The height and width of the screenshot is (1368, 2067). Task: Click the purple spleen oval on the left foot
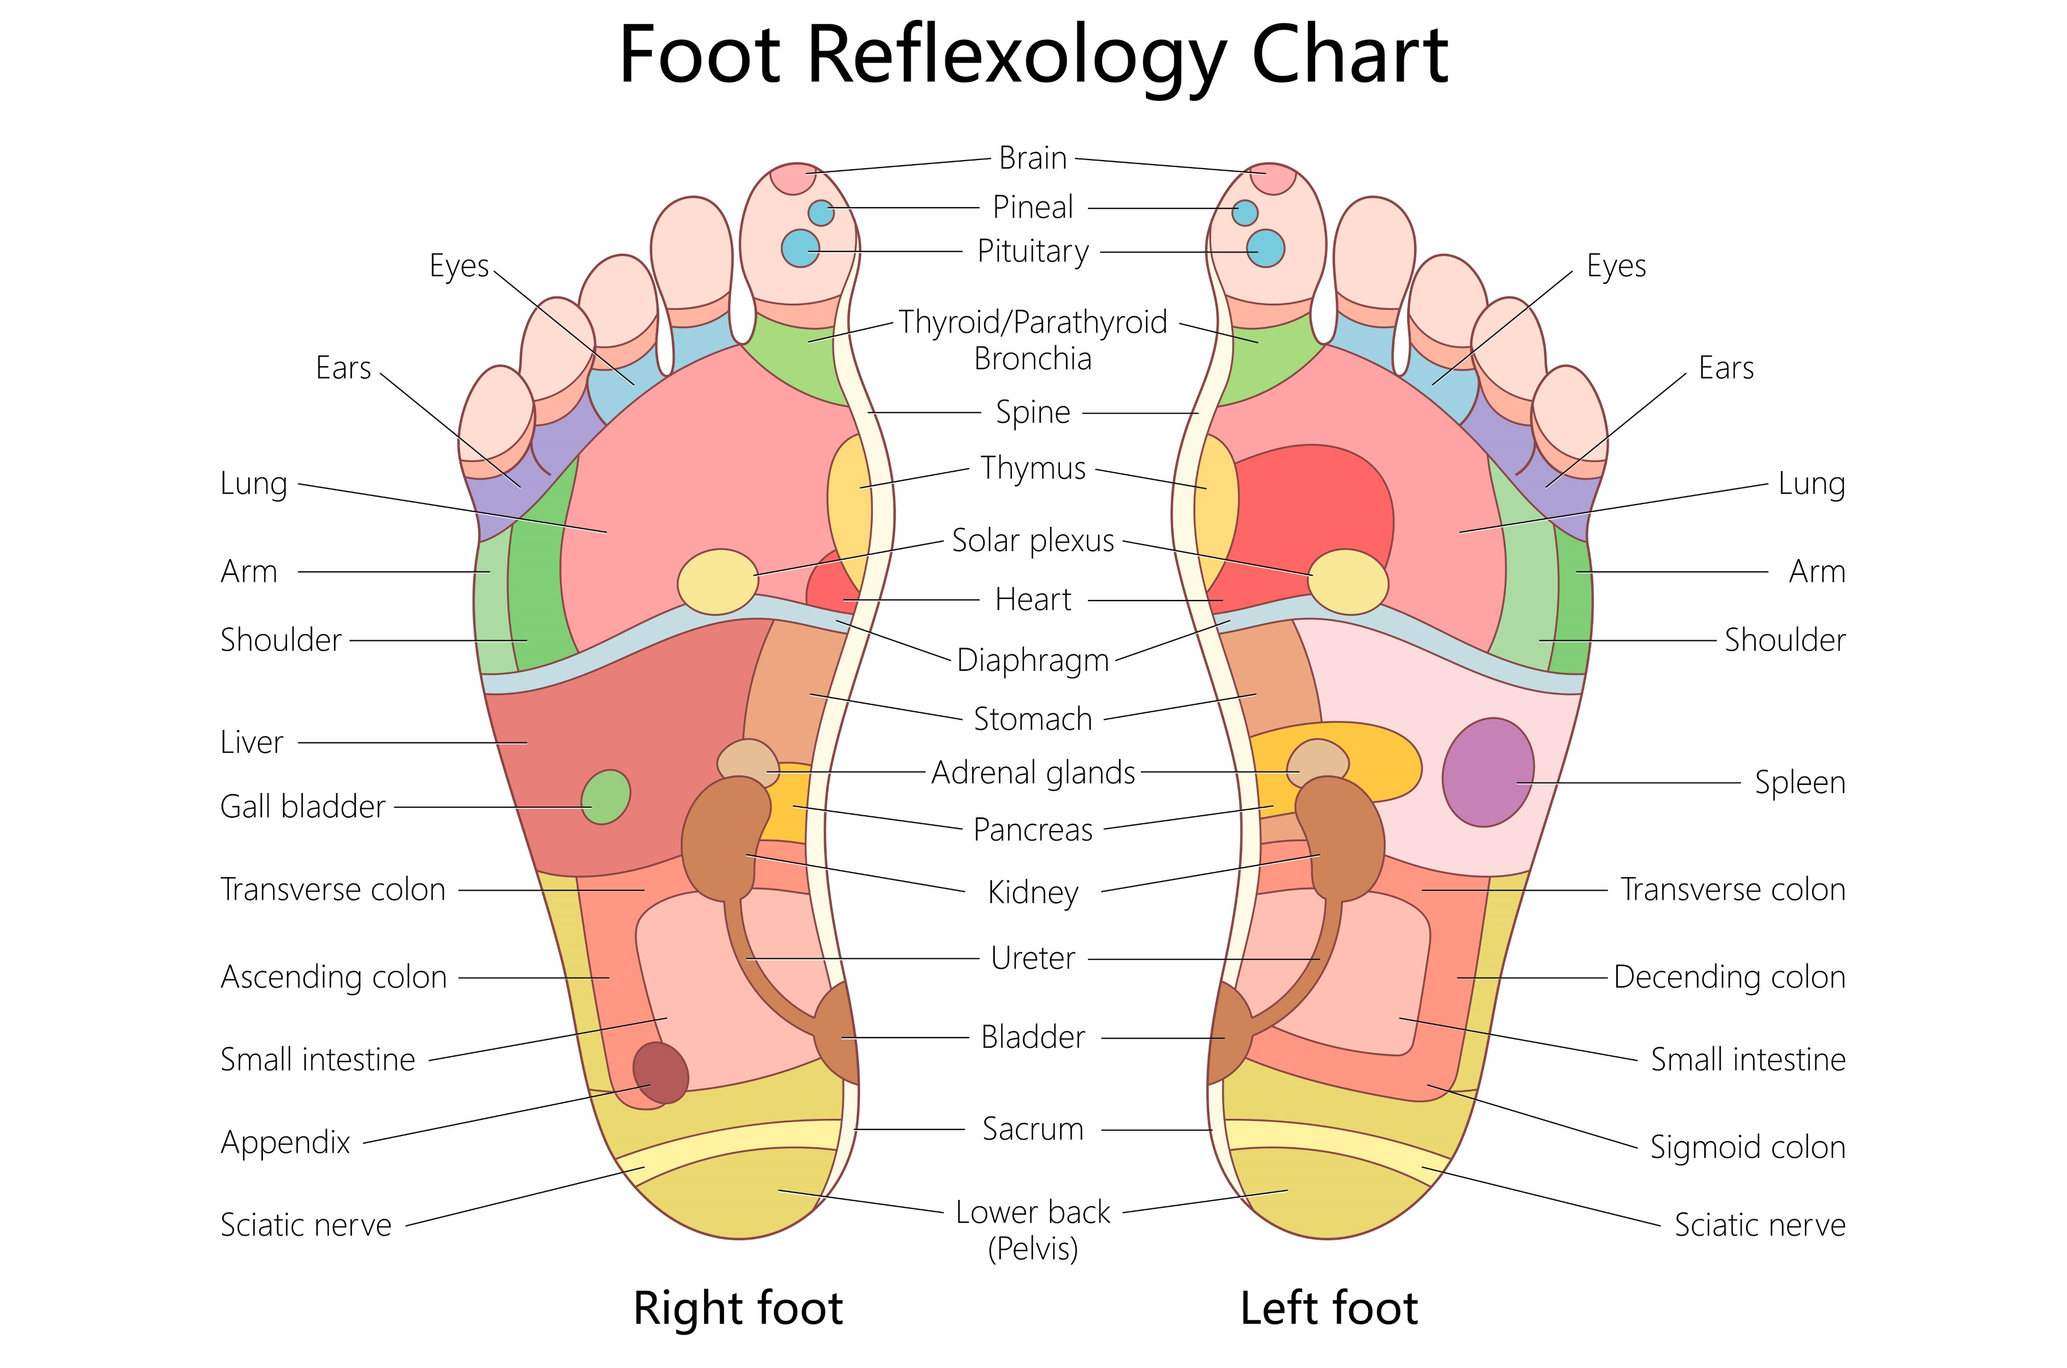[1487, 772]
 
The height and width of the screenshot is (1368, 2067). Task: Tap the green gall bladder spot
[605, 796]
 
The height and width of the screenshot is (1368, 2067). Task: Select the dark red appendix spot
[660, 1072]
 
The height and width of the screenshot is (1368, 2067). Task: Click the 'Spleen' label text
[1799, 783]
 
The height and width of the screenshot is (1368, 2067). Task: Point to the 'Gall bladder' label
[302, 807]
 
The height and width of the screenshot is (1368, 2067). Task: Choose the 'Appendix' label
[285, 1143]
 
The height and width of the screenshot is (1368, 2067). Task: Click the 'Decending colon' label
[1729, 977]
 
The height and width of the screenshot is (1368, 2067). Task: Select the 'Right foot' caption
[737, 1308]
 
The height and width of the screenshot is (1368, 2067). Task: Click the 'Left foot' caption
[1329, 1308]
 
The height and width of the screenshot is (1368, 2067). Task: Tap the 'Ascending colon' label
[333, 977]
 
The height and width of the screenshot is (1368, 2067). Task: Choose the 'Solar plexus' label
[1033, 541]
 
